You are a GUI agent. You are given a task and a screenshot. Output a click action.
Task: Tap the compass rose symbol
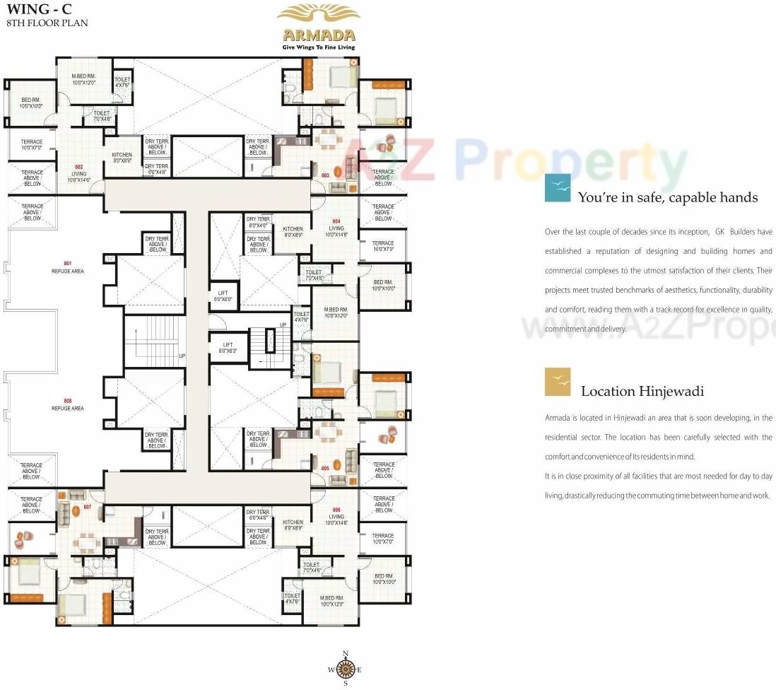pyautogui.click(x=345, y=668)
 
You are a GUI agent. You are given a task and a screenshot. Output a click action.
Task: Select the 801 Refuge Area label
pyautogui.click(x=67, y=267)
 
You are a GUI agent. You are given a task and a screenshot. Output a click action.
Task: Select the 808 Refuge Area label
pyautogui.click(x=67, y=404)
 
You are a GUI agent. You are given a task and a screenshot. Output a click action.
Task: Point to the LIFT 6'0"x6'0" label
pyautogui.click(x=223, y=296)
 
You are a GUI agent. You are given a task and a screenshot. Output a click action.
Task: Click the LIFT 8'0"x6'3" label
pyautogui.click(x=228, y=348)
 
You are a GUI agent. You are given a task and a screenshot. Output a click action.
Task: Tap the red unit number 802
pyautogui.click(x=79, y=168)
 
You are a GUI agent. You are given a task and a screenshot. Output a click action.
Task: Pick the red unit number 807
pyautogui.click(x=88, y=507)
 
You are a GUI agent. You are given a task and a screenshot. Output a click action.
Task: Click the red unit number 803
pyautogui.click(x=325, y=175)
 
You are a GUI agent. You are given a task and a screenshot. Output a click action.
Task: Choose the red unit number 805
pyautogui.click(x=325, y=468)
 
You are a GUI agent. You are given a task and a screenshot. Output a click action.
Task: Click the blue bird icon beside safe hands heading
pyautogui.click(x=558, y=189)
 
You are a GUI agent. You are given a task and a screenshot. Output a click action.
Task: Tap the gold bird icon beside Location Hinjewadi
pyautogui.click(x=558, y=382)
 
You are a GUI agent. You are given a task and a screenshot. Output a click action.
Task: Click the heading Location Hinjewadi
pyautogui.click(x=642, y=391)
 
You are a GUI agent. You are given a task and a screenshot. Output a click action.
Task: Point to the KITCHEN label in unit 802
pyautogui.click(x=122, y=158)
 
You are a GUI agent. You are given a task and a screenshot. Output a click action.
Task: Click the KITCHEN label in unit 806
pyautogui.click(x=293, y=525)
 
